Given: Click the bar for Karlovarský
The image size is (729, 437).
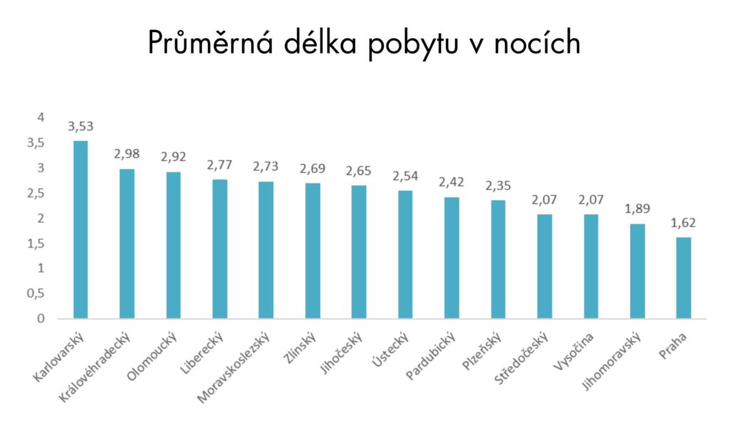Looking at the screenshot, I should pos(80,229).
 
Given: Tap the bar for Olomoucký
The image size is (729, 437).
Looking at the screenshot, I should pos(173,245).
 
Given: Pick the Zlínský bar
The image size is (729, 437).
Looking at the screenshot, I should pos(313,251).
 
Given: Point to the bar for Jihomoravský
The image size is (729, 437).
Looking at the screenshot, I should pos(637,271).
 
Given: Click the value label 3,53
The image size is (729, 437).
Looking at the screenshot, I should pos(80,127).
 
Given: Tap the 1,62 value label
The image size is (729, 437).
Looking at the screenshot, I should pos(683,223).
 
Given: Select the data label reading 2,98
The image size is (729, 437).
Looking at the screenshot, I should pos(127,154).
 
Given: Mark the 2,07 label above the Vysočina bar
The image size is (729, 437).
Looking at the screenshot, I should pos(591,200).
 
